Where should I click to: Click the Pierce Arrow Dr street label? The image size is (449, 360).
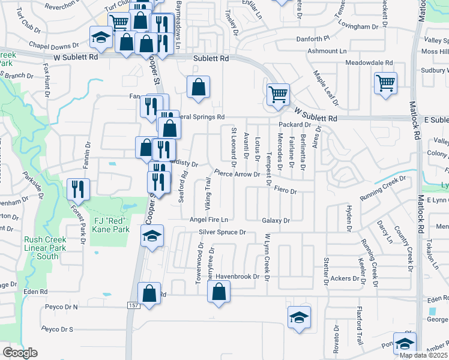[x=236, y=175]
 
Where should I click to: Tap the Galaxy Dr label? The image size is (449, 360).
[x=276, y=221]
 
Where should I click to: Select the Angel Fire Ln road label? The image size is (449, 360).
[x=209, y=220]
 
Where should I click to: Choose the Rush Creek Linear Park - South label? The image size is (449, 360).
[x=41, y=248]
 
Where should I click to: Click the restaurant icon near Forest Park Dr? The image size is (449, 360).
[x=78, y=188]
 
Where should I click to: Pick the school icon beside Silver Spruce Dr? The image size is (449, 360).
[x=152, y=236]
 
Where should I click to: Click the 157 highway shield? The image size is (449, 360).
[x=133, y=306]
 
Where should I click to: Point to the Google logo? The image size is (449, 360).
[x=20, y=353]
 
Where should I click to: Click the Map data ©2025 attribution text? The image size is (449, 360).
[x=424, y=355]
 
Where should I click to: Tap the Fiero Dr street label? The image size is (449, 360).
[x=285, y=190]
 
